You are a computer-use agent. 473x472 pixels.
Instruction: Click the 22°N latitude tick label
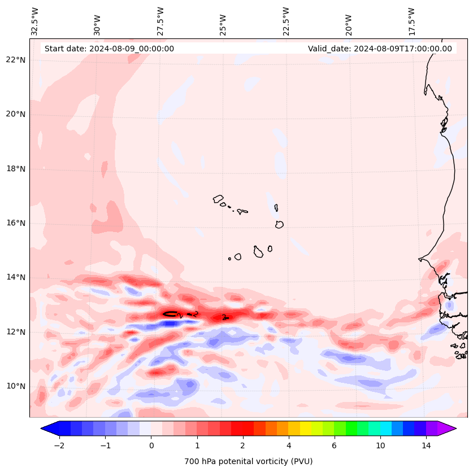coord(16,60)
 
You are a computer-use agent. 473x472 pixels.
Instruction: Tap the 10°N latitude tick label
coord(16,386)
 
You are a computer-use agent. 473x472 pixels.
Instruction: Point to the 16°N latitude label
coord(16,223)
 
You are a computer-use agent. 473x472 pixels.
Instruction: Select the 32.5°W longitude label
coord(35,21)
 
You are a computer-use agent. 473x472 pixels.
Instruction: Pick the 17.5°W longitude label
coord(412,21)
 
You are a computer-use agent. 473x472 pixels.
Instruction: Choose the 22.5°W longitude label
coord(286,21)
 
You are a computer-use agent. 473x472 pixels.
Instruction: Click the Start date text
coord(109,49)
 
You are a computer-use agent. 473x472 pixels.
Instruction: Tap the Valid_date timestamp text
coord(380,49)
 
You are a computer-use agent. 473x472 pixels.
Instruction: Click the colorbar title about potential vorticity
coord(248,461)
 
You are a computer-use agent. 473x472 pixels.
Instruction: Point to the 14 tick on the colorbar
coord(426,445)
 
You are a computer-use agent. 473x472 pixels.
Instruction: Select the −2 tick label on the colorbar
coord(58,445)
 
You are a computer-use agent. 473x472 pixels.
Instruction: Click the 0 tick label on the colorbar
coord(151,445)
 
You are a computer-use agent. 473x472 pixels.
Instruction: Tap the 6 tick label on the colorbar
coord(334,445)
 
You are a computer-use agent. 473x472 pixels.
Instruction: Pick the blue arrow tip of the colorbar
coord(46,429)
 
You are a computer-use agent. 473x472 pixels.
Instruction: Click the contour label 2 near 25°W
coord(224,317)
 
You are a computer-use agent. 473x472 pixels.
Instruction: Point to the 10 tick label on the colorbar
coord(380,445)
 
